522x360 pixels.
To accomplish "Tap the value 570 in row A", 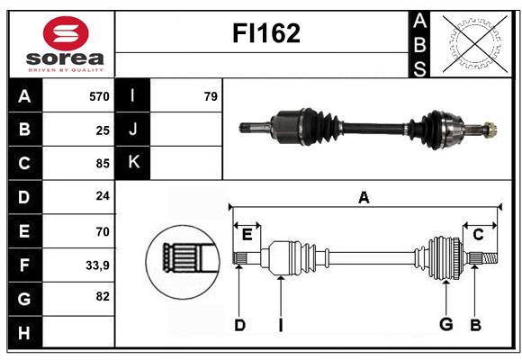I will click(x=98, y=95).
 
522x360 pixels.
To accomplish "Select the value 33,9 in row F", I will click(x=97, y=265).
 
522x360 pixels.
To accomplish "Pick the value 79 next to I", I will click(x=210, y=95).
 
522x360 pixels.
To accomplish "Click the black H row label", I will click(x=24, y=333).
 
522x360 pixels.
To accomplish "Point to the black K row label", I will click(x=133, y=163).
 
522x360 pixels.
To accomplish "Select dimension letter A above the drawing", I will click(x=364, y=197).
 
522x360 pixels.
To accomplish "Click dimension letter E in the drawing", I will click(x=247, y=235).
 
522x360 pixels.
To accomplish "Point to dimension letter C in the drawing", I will click(x=478, y=235).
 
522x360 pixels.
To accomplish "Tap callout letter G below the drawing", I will click(x=445, y=324).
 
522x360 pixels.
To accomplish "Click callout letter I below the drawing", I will click(x=281, y=324).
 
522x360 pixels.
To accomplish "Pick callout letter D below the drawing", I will click(x=239, y=324).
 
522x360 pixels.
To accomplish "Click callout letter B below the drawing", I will click(x=474, y=324).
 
